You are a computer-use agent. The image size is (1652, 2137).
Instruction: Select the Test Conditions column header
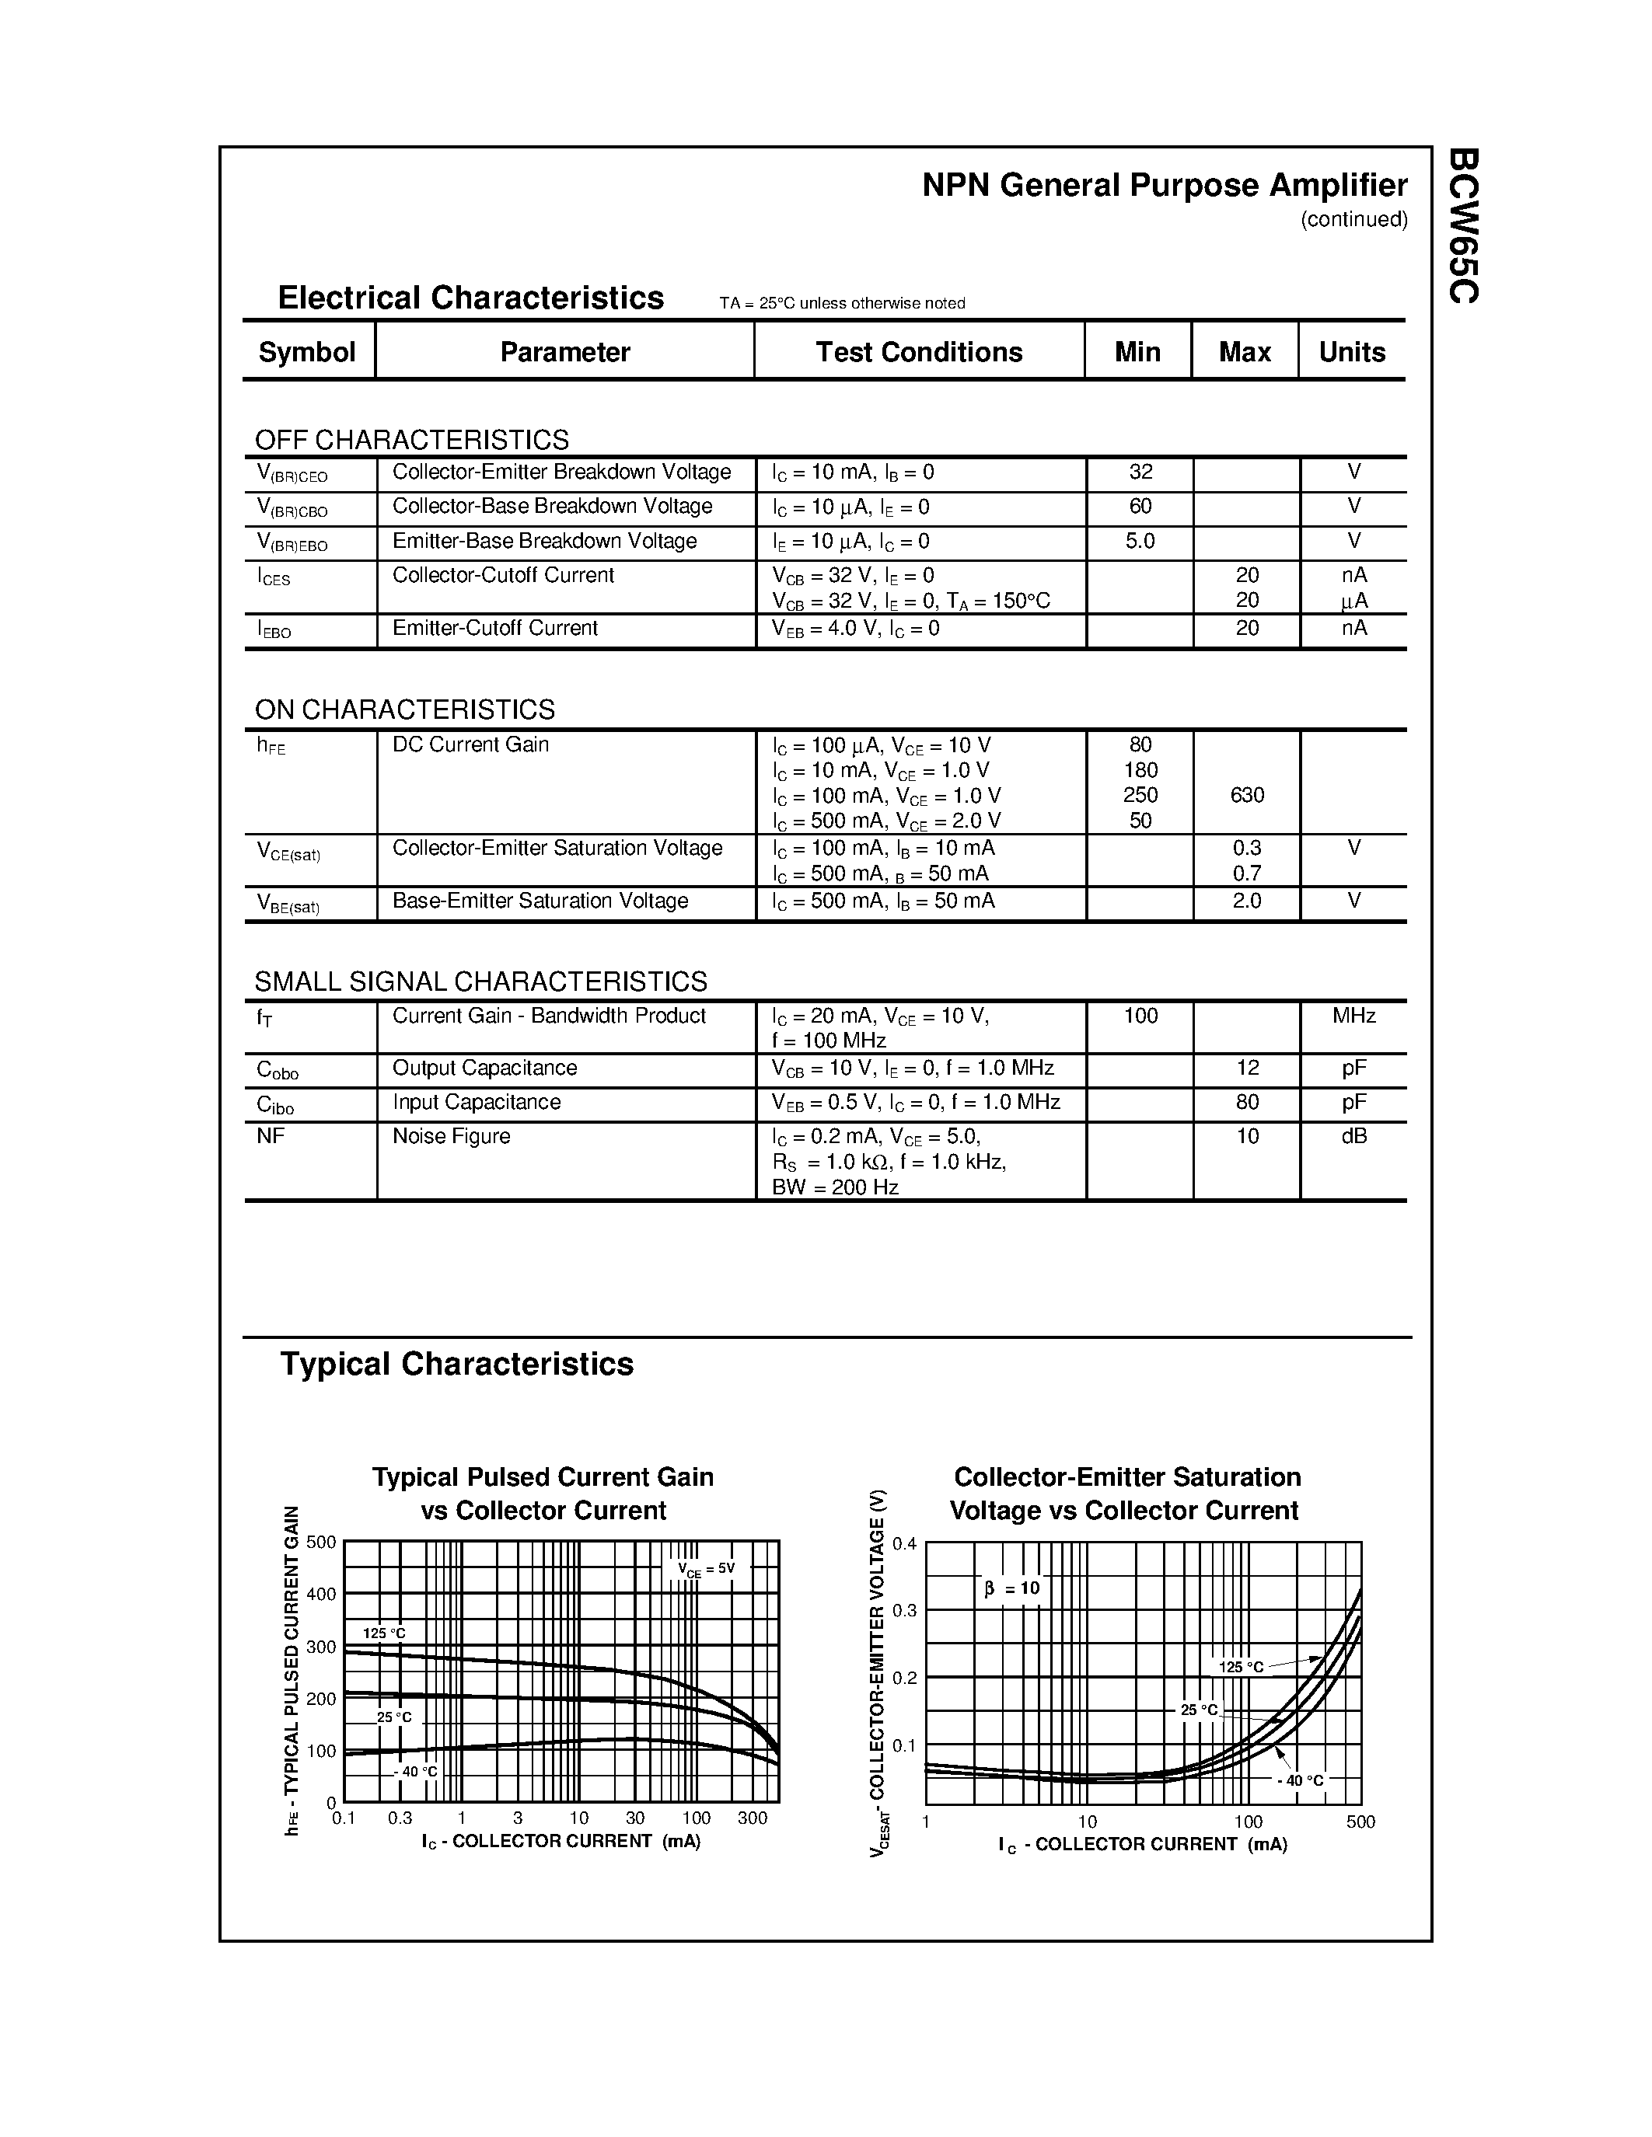[919, 352]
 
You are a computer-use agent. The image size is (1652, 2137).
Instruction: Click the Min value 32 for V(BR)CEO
[1140, 472]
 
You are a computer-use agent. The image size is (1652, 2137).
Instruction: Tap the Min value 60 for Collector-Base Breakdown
[1140, 506]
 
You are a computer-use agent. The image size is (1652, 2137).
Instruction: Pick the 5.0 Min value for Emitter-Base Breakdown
[1140, 541]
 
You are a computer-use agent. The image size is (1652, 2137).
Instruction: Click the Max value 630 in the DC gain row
[1247, 794]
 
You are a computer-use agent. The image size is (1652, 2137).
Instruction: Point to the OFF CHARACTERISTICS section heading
[411, 439]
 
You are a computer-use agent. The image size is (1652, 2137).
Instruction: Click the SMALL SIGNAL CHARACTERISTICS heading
[480, 981]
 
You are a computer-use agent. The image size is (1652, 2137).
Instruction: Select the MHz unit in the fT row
[1353, 1016]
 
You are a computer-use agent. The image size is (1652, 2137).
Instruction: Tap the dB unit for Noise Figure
[1353, 1136]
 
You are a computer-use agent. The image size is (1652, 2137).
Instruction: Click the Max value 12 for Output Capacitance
[1247, 1068]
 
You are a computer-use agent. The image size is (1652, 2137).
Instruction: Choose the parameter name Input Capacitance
[477, 1102]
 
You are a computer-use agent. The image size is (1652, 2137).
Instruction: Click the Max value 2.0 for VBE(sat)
[1247, 900]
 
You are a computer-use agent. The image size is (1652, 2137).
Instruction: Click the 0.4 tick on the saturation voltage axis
[904, 1544]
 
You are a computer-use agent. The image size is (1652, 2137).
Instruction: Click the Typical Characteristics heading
[457, 1364]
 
